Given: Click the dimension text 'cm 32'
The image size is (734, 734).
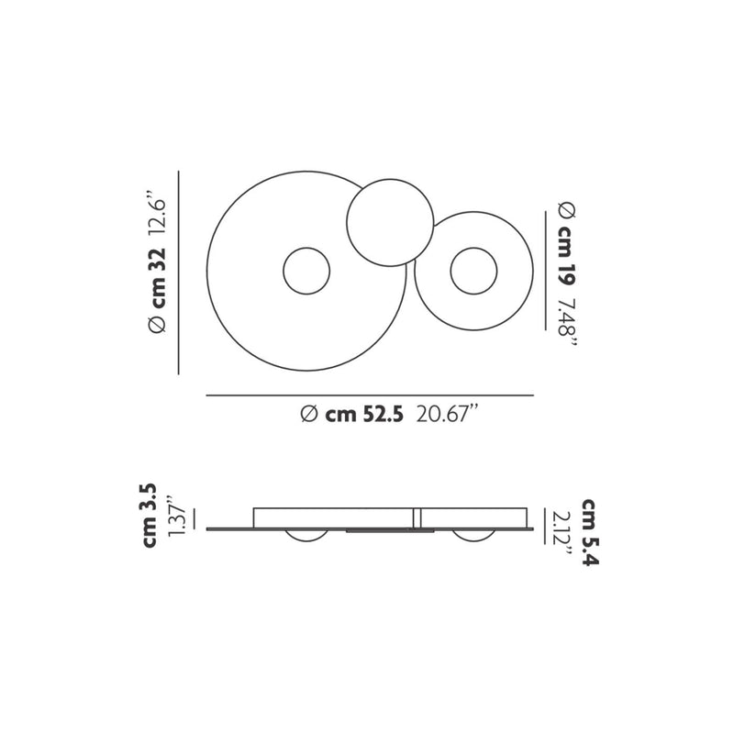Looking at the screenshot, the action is coord(158,278).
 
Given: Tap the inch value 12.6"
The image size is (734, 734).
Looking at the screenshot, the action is coord(157,213).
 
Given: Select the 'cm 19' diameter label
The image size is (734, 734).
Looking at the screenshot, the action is coord(566,256).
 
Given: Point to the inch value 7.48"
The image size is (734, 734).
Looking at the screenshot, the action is coord(567,323).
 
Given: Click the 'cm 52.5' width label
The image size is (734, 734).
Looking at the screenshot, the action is coord(364,415).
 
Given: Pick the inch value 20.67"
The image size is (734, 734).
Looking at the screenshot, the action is coord(449,414).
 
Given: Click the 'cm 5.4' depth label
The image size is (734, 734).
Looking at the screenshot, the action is coord(590,532).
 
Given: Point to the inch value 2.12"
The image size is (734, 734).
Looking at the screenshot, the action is coord(562,533).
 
